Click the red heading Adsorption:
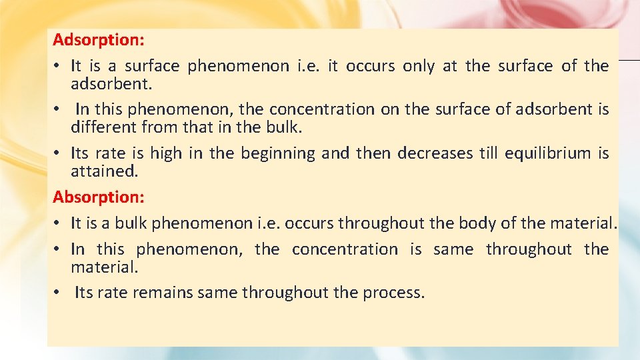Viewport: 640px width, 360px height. pos(98,39)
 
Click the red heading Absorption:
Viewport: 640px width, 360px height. pos(98,197)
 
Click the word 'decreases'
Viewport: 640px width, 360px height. pos(435,153)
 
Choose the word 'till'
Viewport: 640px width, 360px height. pos(489,153)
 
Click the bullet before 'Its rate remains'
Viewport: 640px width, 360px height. pos(59,293)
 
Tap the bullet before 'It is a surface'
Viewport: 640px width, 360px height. pos(59,66)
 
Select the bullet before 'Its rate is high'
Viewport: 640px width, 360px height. pos(59,153)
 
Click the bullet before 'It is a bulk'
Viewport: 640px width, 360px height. pos(59,223)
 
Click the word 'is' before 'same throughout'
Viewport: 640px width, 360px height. pos(416,249)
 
